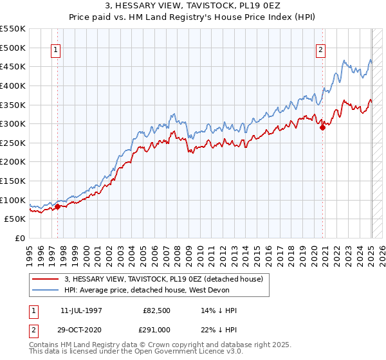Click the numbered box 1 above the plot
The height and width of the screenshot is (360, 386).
(x=57, y=51)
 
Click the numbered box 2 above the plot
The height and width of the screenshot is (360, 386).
(x=320, y=51)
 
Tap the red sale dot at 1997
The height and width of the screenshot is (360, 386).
(x=57, y=206)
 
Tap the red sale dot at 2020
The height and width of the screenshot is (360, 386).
(x=323, y=127)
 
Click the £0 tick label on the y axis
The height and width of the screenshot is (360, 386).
(x=20, y=238)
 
